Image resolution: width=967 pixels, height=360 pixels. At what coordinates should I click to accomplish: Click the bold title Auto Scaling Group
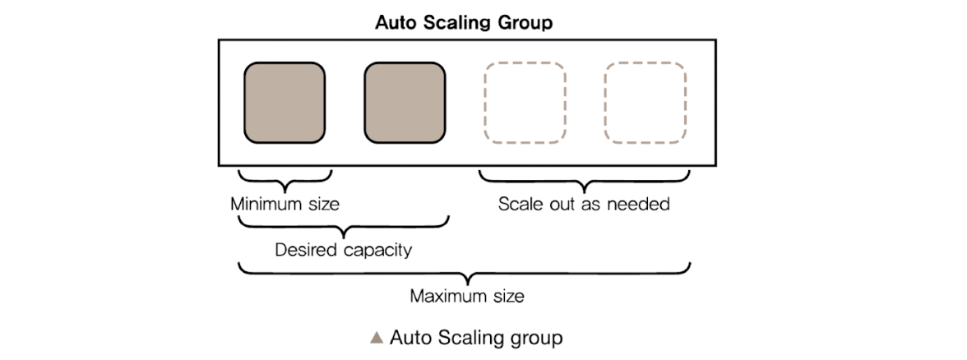coord(464,22)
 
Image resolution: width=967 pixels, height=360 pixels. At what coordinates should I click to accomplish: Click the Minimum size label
coord(285,203)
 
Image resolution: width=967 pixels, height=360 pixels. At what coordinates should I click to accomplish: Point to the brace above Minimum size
coord(285,178)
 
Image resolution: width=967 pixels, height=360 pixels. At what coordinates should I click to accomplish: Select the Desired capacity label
coord(343,249)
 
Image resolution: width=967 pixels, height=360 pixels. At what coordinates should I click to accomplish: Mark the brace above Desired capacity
coord(344,224)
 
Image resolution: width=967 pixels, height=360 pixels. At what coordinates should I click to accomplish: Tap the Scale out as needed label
coord(584,203)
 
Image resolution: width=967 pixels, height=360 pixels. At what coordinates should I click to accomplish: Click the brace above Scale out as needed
coord(584,178)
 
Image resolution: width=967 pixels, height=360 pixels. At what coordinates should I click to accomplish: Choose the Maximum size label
coord(467,294)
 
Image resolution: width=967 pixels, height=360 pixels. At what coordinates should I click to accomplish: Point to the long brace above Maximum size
coord(465,270)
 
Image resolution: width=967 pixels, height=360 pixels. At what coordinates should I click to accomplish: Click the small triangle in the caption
coord(377,337)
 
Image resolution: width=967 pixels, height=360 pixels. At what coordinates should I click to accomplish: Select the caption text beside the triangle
coord(476,337)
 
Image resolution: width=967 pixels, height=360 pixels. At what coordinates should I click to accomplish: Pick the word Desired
coord(306,249)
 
